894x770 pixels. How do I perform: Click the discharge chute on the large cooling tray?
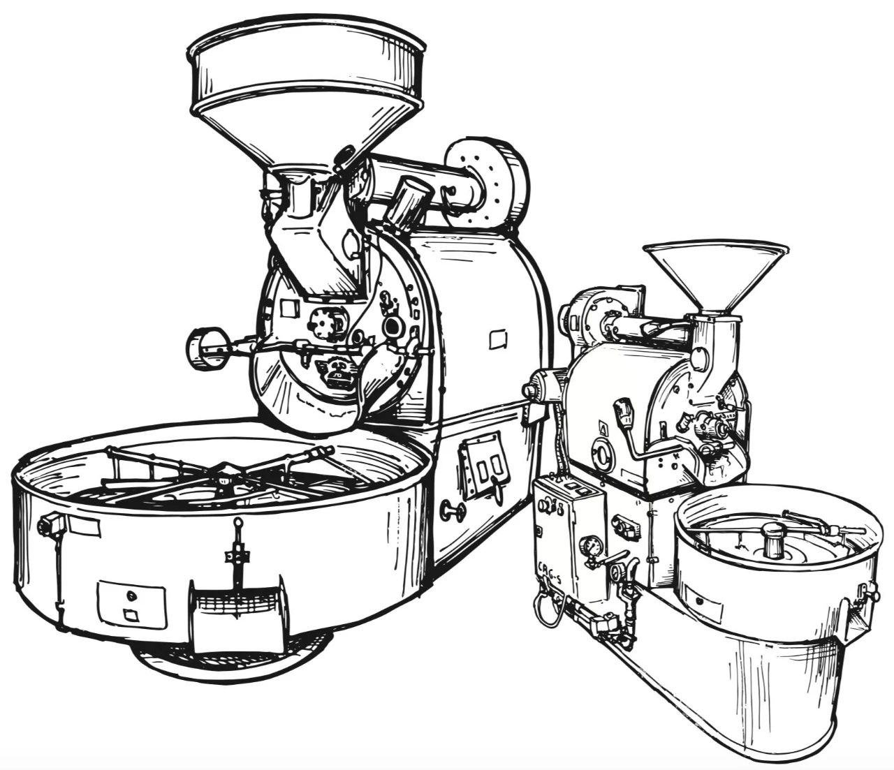(237, 614)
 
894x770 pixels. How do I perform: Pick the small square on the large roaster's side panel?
(499, 340)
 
